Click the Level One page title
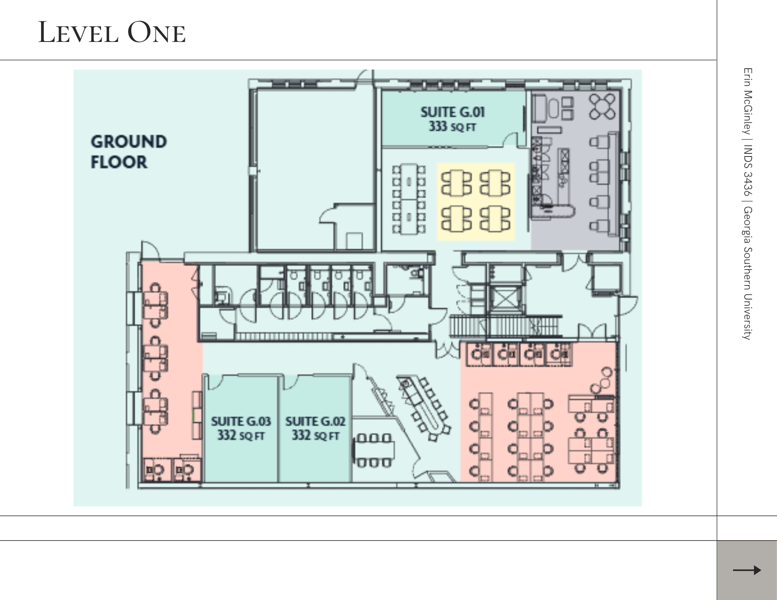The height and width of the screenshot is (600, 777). click(112, 32)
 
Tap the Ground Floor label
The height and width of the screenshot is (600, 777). click(129, 152)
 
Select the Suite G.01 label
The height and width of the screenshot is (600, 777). click(453, 112)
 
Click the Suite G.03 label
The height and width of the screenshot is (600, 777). click(241, 421)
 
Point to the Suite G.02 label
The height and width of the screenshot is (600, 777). click(315, 421)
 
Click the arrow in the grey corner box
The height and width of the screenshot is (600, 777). click(747, 570)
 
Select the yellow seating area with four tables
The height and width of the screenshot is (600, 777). click(476, 202)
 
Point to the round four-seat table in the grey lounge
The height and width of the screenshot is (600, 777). click(602, 106)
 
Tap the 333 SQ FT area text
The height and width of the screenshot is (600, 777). click(453, 126)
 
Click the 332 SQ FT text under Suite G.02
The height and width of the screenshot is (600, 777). click(315, 435)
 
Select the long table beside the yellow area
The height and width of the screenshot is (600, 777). click(408, 199)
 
